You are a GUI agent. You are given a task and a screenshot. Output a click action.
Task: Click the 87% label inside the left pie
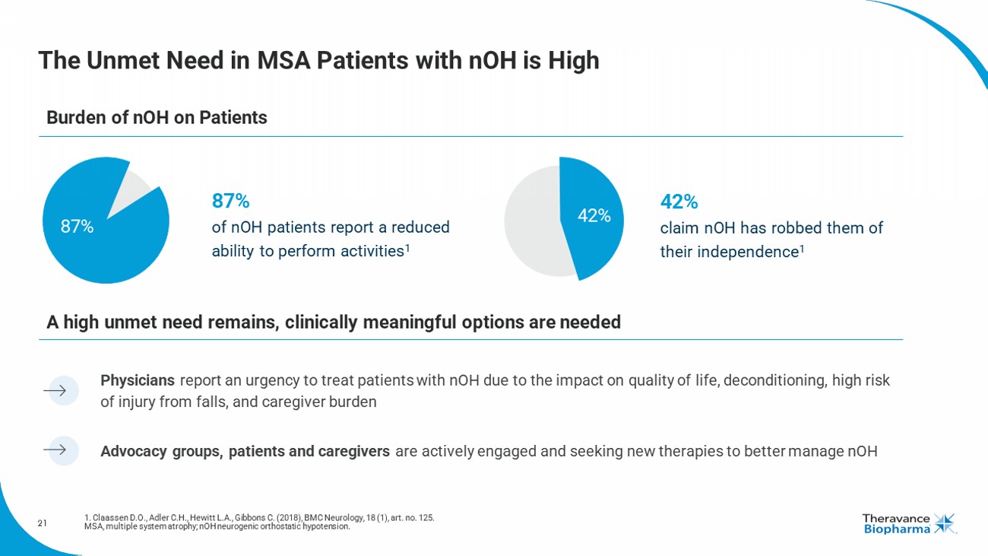click(77, 227)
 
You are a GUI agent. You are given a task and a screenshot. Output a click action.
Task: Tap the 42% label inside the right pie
click(594, 216)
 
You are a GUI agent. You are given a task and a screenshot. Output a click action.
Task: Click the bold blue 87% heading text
click(230, 202)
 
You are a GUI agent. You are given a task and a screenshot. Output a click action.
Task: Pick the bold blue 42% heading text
click(679, 202)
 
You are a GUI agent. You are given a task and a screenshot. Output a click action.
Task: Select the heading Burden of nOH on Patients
click(157, 118)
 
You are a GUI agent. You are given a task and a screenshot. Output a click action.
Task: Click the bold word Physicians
click(138, 380)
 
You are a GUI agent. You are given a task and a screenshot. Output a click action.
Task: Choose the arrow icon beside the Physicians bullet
click(59, 391)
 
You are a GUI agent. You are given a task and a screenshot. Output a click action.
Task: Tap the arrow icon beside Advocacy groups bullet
click(59, 450)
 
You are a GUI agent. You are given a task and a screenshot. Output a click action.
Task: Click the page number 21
click(43, 523)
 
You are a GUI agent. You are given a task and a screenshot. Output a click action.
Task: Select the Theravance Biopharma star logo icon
click(945, 523)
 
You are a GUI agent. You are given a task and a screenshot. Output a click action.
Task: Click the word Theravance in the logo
click(896, 518)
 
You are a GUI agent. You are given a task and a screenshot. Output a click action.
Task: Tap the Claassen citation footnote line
click(259, 518)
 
